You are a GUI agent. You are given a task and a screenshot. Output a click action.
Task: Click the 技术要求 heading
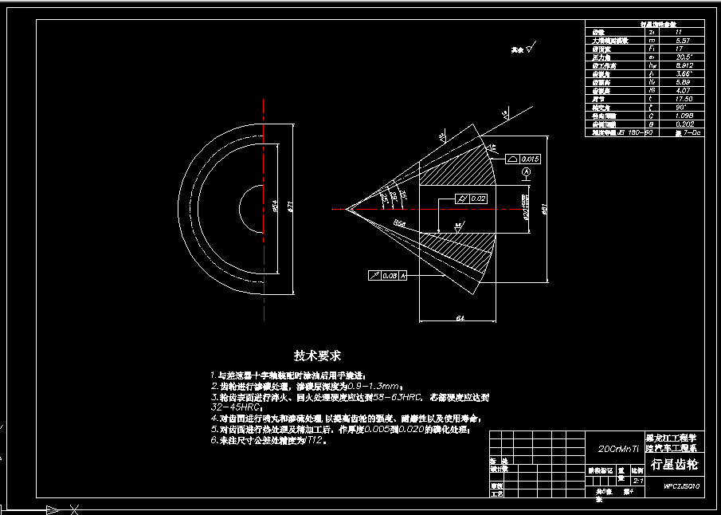coord(318,356)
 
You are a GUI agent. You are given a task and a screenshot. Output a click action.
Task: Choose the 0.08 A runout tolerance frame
coord(388,275)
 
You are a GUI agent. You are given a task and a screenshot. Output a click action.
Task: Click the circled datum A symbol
coord(526,172)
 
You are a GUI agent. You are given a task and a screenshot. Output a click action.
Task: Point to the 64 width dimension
coord(460,318)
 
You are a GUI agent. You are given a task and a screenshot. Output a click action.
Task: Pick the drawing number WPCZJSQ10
coord(682,486)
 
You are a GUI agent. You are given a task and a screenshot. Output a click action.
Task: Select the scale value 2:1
coord(637,481)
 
